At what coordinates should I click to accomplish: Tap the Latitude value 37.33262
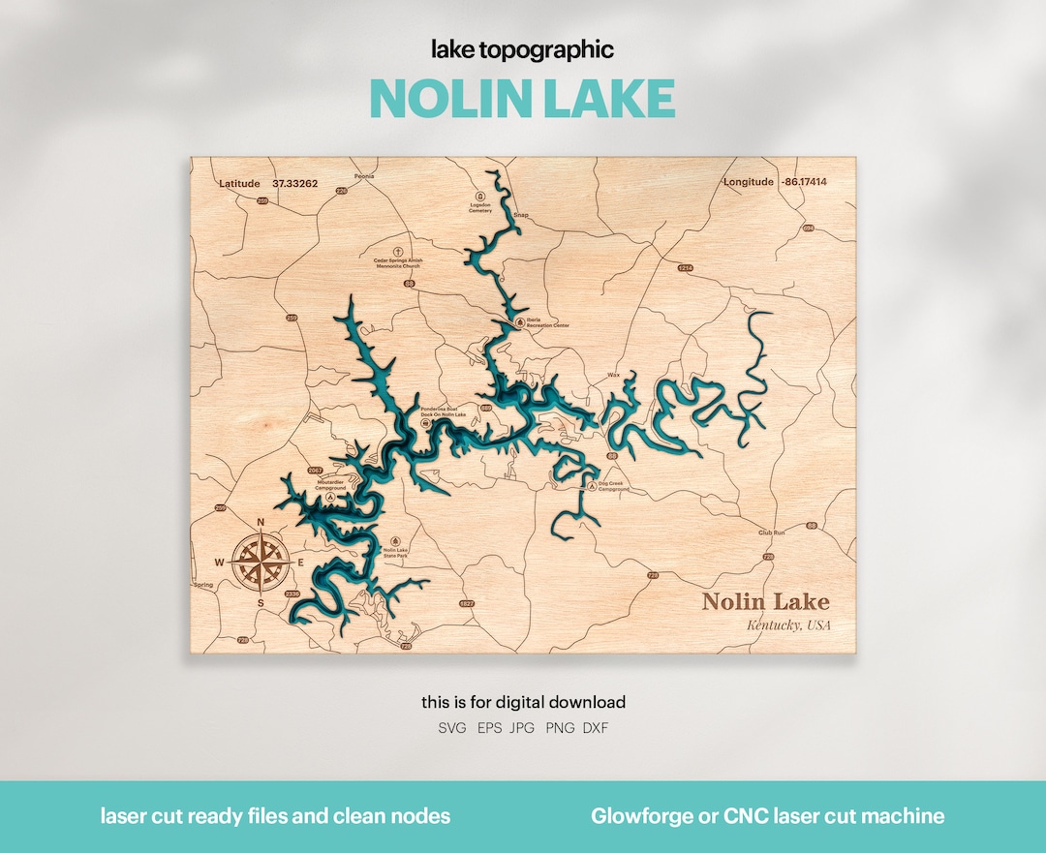(x=295, y=183)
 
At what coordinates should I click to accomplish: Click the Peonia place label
(x=364, y=177)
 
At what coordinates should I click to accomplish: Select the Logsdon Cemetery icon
(x=480, y=195)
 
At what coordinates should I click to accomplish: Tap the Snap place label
(x=521, y=215)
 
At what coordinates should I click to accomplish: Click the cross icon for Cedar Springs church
(x=398, y=250)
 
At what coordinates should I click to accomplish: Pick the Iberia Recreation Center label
(x=547, y=323)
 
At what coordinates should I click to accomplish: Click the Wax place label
(x=613, y=375)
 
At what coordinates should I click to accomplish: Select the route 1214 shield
(x=686, y=267)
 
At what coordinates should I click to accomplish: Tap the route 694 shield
(x=808, y=229)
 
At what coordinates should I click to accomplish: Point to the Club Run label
(x=772, y=533)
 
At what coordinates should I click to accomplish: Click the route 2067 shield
(x=314, y=472)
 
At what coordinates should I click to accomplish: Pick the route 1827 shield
(x=468, y=603)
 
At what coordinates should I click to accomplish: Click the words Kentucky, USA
(x=787, y=625)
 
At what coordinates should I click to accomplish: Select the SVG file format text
(x=452, y=728)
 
